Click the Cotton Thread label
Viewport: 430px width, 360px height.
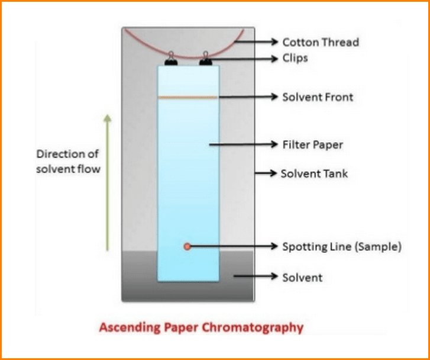point(320,42)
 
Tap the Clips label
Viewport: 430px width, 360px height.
point(295,59)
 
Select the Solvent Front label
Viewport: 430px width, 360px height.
point(318,97)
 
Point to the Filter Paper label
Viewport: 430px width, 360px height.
point(312,144)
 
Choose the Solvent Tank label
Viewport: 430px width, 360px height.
point(314,173)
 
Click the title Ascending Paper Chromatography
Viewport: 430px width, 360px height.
point(201,327)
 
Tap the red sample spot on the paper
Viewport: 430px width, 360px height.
point(187,246)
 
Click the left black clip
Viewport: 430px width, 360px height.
point(170,58)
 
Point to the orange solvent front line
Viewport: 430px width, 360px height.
point(188,97)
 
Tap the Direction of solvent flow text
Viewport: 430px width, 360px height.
point(69,161)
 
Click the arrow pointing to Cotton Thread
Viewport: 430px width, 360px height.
point(256,42)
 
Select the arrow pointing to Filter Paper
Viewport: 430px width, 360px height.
point(243,144)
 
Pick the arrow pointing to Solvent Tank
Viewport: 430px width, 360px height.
point(266,173)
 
